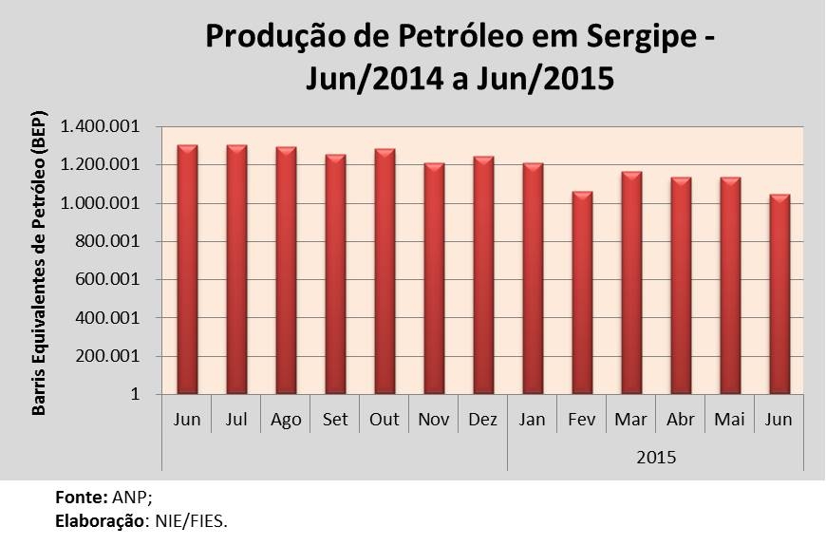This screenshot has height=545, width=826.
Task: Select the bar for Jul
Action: (237, 270)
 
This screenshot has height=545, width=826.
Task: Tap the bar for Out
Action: (385, 272)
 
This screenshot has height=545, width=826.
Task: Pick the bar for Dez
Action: (483, 275)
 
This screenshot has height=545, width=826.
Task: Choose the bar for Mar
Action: (631, 283)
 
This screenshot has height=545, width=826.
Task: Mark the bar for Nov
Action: (434, 279)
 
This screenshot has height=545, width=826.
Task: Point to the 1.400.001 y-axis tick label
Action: (100, 127)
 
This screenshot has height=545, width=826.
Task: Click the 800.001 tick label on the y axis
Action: (107, 242)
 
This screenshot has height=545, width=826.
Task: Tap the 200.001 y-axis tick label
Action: (107, 357)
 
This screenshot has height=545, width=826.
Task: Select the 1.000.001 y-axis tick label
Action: (100, 204)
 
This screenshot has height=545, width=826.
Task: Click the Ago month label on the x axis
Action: (286, 420)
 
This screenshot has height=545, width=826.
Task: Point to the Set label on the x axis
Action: (335, 420)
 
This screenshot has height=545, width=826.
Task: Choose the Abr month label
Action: (681, 420)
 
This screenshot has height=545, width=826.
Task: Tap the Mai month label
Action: (730, 420)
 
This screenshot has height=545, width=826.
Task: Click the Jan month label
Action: (533, 420)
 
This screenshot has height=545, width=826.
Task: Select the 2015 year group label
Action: (656, 458)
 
